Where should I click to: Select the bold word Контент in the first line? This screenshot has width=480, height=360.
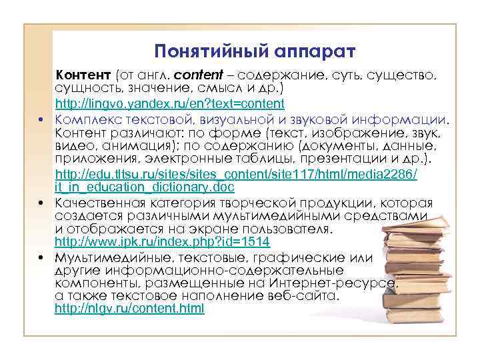pos(84,75)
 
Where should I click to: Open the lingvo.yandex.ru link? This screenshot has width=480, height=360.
pos(169,104)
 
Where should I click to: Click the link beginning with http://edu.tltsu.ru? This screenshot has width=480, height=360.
pos(236,175)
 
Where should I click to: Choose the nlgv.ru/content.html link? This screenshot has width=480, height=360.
pos(129,309)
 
